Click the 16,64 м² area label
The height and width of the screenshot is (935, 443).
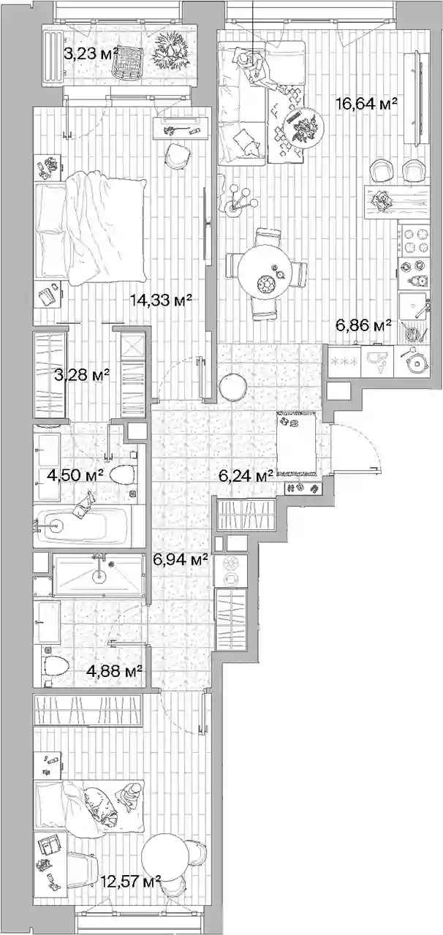(x=366, y=103)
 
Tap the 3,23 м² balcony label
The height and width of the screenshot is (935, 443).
(x=91, y=53)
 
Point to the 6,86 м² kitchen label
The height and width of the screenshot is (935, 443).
(x=363, y=325)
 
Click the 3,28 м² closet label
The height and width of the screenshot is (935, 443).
(x=82, y=375)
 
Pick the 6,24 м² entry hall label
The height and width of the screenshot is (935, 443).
(x=247, y=474)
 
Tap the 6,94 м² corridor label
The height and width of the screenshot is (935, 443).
(x=181, y=560)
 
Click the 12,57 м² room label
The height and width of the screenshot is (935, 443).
(x=131, y=879)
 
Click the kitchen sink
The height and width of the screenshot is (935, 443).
(x=413, y=305)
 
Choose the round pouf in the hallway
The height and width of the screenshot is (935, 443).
(x=233, y=387)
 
